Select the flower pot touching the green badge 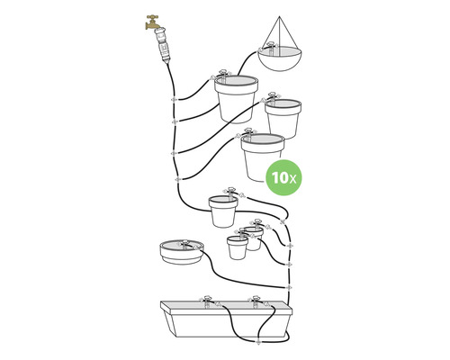pos(262,155)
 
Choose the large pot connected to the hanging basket pos(237,97)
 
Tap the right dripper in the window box pos(256,300)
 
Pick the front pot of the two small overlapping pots pos(238,247)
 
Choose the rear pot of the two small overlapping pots pos(253,237)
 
